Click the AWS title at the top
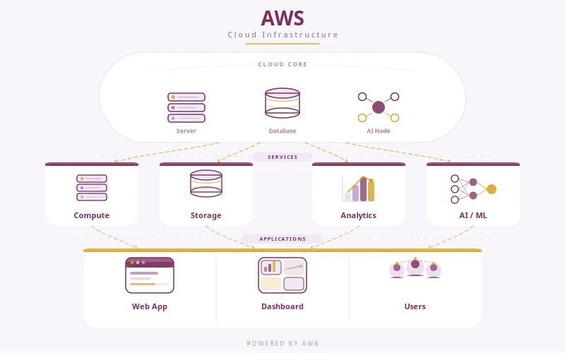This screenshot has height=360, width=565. coord(282,18)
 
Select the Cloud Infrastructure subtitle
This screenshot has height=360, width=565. coord(282,35)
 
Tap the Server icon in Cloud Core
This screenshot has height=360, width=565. coord(186,107)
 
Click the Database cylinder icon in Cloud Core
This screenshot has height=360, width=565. coord(282,103)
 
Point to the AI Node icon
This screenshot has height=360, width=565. coord(379,107)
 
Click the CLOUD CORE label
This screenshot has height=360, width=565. coord(282,64)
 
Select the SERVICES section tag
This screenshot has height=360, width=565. coord(282,157)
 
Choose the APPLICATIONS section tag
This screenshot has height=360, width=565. coord(282,239)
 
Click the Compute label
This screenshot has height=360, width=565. coord(92,215)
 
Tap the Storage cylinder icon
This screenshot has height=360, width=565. coord(206,184)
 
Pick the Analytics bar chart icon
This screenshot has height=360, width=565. coord(359,188)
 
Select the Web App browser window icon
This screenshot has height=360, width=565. coord(150,275)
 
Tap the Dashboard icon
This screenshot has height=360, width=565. coord(282,275)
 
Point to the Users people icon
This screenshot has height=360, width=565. coord(415,268)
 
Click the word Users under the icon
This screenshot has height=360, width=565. coord(415,306)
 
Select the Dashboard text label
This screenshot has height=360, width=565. coord(282,306)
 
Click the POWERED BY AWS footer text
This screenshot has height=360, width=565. coord(282,344)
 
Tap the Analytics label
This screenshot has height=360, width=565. coord(359,215)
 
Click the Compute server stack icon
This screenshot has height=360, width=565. coord(92,188)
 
